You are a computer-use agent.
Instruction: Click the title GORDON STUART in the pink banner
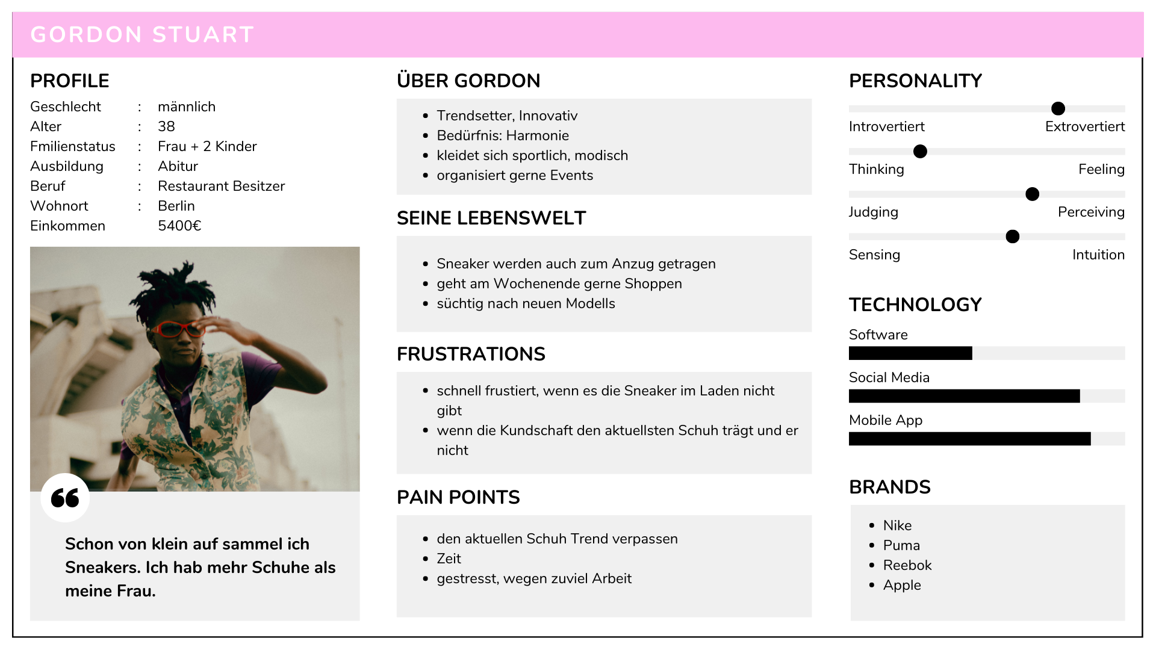click(x=142, y=35)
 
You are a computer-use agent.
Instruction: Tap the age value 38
click(x=166, y=126)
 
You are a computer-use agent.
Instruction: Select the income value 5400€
click(x=179, y=226)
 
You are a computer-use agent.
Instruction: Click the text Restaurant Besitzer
click(x=221, y=186)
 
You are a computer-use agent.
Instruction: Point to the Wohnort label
click(x=59, y=206)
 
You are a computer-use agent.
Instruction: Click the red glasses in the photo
click(x=179, y=329)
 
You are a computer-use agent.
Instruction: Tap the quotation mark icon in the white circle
click(x=65, y=498)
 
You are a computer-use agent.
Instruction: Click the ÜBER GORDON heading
click(x=468, y=81)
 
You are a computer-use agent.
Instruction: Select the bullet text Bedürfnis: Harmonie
click(x=503, y=135)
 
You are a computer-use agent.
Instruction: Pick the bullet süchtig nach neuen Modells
click(x=526, y=303)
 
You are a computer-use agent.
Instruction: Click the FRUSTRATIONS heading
click(x=471, y=354)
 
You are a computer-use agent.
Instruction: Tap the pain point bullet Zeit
click(x=449, y=559)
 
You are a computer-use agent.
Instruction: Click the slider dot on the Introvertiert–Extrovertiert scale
click(x=1058, y=108)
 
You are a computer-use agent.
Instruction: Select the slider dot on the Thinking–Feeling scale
click(x=920, y=151)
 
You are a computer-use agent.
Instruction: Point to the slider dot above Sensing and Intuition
click(x=1013, y=237)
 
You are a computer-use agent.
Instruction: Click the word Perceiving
click(x=1091, y=212)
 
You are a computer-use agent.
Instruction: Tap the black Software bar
click(x=910, y=353)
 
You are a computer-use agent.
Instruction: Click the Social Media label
click(x=889, y=377)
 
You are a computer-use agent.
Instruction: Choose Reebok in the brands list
click(x=907, y=565)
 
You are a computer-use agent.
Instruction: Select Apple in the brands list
click(x=902, y=585)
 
